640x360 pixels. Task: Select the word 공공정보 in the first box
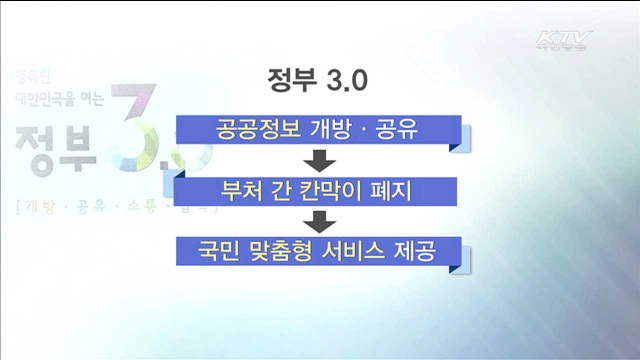(x=250, y=129)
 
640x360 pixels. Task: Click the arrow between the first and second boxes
(x=319, y=159)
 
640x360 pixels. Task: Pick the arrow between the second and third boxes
(x=319, y=219)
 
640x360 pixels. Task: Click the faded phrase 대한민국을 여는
(x=60, y=99)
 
